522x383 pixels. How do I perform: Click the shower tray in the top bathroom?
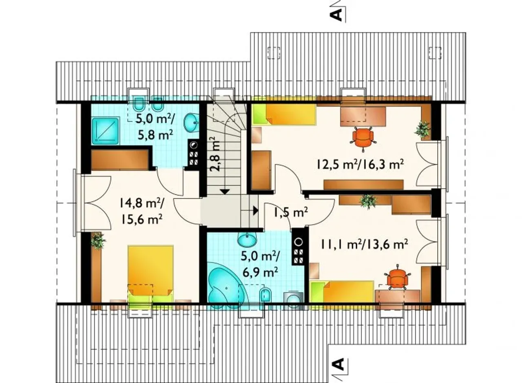tap(106, 130)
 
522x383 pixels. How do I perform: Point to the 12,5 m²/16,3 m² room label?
tap(360, 164)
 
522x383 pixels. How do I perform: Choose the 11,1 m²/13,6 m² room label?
tap(364, 245)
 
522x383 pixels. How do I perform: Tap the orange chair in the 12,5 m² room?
tap(363, 139)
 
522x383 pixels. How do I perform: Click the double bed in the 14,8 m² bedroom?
tap(150, 274)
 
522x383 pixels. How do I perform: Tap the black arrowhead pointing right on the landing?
tap(256, 211)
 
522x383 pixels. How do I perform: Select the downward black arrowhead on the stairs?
tap(225, 191)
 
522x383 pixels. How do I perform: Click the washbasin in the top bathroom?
tap(191, 122)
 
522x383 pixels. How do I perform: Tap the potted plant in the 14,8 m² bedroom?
tap(98, 240)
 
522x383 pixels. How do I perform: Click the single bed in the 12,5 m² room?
tap(284, 114)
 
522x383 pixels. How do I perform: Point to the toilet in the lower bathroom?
tap(265, 295)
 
